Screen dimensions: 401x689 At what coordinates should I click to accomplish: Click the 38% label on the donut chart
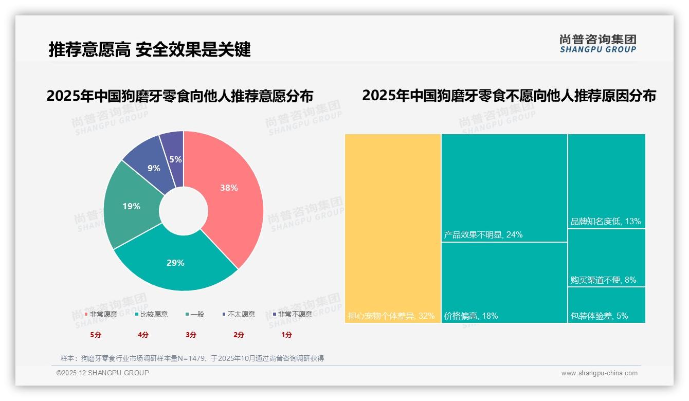(229, 188)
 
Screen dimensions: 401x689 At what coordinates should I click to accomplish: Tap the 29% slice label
(175, 263)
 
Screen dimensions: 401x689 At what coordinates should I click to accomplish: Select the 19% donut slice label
(131, 206)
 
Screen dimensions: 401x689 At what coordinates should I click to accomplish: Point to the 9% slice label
(154, 168)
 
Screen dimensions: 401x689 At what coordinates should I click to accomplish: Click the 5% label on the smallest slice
(176, 160)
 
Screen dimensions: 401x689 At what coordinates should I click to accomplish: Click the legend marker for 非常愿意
(86, 314)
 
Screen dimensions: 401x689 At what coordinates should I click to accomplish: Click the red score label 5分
(96, 335)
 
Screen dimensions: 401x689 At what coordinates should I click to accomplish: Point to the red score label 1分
(286, 335)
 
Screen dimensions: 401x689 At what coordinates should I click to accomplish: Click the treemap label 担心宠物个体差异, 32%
(391, 316)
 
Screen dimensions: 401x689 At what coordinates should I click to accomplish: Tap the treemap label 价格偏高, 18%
(471, 316)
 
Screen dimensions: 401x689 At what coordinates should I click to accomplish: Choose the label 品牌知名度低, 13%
(606, 222)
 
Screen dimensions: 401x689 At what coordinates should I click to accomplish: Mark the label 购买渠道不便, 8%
(603, 280)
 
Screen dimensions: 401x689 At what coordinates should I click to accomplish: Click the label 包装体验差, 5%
(599, 316)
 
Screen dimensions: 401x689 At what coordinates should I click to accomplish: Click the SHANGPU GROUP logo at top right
(598, 44)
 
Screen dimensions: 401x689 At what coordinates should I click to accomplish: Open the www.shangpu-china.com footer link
(599, 373)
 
